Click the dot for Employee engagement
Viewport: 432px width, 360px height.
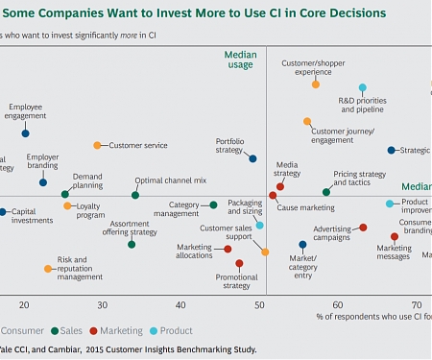(x=25, y=133)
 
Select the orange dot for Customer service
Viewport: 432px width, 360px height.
(x=97, y=145)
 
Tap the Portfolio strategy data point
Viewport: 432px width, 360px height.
(x=252, y=158)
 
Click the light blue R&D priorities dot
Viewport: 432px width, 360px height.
(x=363, y=87)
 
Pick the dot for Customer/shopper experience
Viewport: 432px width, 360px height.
(x=316, y=84)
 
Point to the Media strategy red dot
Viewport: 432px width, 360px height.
(x=280, y=186)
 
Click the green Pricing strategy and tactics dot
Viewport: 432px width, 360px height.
(x=326, y=192)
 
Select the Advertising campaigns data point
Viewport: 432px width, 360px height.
(x=363, y=228)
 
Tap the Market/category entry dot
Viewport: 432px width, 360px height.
(x=302, y=245)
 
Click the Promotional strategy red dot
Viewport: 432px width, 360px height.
(x=239, y=263)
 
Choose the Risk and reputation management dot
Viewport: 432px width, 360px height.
(x=48, y=269)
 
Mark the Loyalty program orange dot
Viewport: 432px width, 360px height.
(x=67, y=205)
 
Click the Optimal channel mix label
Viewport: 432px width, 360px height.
(x=170, y=180)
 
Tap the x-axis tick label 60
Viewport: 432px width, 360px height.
(x=338, y=304)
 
